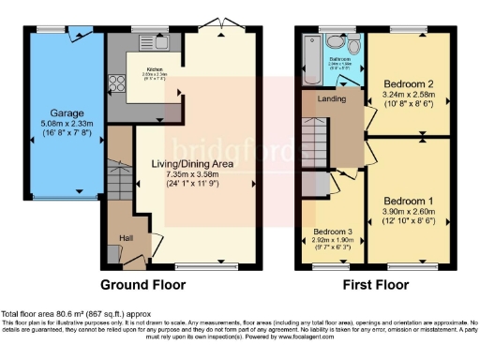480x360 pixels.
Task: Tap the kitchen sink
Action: click(147, 42)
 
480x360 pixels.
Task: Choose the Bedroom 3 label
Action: click(332, 231)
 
